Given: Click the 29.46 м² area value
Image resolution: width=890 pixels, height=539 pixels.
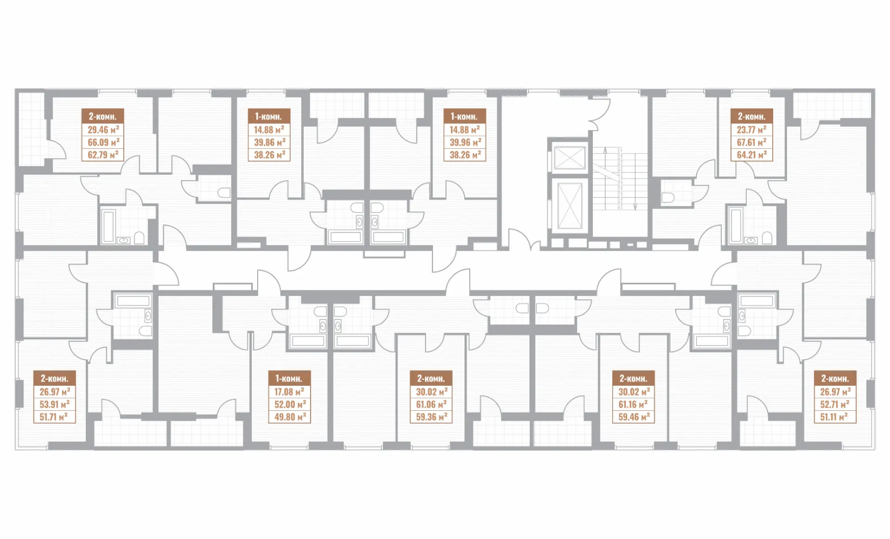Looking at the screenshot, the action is [x=103, y=130].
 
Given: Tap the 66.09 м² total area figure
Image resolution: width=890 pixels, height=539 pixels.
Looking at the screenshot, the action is [x=103, y=142].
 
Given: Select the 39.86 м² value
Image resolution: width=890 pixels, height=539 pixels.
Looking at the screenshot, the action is [x=269, y=142].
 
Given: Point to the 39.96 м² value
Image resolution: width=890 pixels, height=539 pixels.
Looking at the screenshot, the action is [x=465, y=142].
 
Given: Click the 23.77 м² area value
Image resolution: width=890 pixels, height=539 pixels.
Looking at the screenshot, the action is [x=752, y=130].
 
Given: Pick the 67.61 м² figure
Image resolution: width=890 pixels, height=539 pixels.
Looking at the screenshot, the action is [x=752, y=142].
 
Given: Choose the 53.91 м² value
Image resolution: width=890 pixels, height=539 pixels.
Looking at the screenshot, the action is [x=54, y=404].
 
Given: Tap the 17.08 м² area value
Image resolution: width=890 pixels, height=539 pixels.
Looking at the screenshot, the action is [x=289, y=392].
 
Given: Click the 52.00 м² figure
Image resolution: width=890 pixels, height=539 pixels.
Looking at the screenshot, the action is [x=290, y=404].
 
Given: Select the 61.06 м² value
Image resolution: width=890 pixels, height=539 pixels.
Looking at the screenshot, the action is [x=431, y=404].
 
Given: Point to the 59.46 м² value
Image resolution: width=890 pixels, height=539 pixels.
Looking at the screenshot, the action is [x=634, y=417].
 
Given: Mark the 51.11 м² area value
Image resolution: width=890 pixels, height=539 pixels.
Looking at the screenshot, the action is [x=835, y=417].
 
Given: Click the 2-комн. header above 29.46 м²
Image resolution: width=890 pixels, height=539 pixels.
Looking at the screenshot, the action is [x=103, y=117].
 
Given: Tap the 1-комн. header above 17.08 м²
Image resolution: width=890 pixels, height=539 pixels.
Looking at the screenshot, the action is [x=289, y=379].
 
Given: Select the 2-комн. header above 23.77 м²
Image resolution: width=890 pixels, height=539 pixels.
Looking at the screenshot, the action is [x=752, y=117].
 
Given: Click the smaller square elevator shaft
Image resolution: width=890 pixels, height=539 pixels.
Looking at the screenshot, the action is [x=569, y=157].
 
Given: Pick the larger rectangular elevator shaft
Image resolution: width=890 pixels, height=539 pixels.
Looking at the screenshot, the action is [x=569, y=205].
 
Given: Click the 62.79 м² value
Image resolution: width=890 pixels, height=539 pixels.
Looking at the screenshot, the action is [x=103, y=155].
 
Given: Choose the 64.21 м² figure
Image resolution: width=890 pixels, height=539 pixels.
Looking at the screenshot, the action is [x=752, y=155].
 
